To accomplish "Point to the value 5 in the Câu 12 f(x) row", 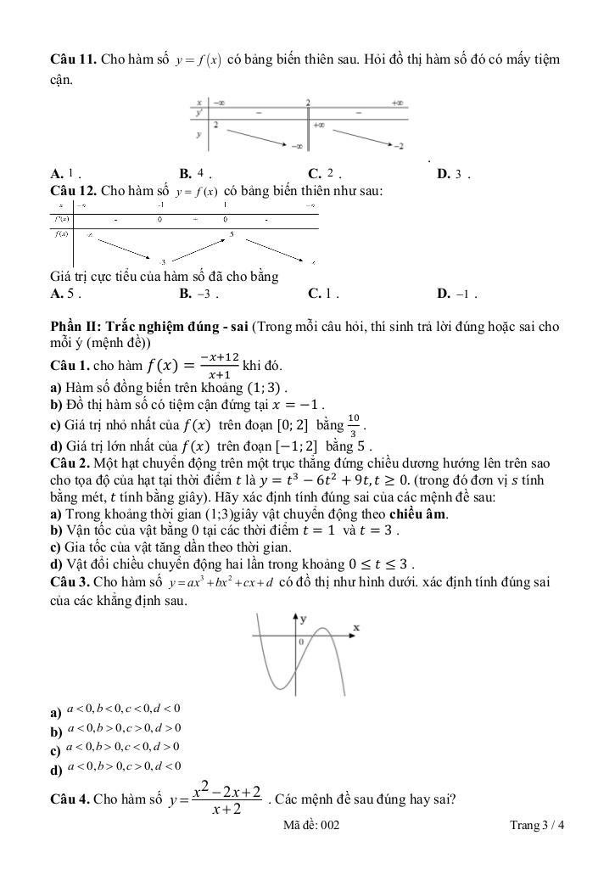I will (232, 233).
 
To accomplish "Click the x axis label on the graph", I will (356, 628).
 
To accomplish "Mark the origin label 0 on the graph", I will (301, 642).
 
